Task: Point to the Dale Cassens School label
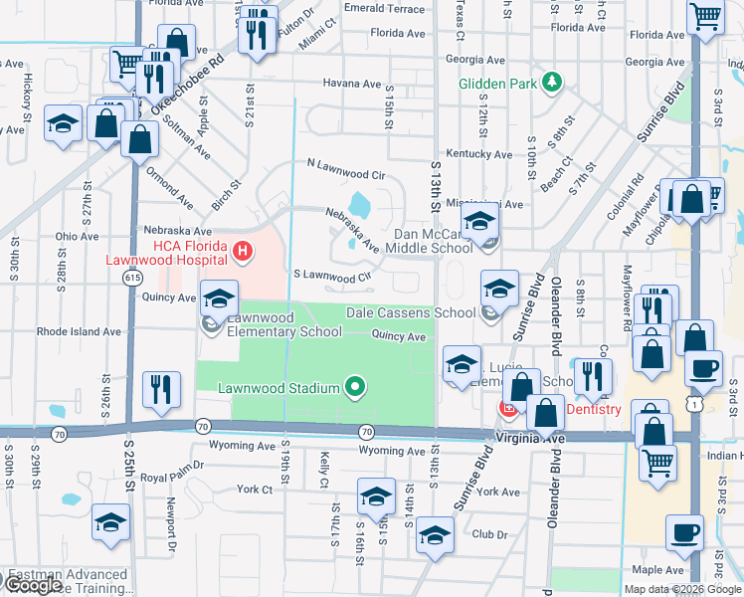(411, 312)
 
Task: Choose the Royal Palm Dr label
(171, 464)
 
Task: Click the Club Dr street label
(489, 534)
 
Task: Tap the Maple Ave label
(659, 570)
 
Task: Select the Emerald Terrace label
(384, 8)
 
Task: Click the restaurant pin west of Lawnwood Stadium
(161, 390)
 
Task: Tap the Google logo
(32, 585)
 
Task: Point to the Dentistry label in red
(594, 409)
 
